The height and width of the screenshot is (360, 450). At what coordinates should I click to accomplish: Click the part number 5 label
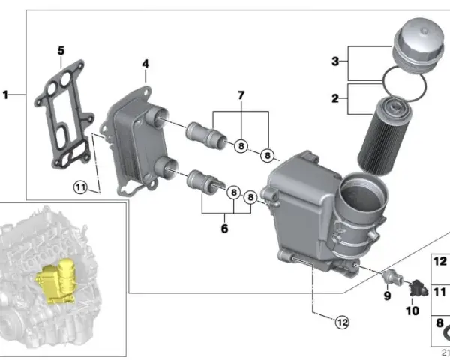click(61, 51)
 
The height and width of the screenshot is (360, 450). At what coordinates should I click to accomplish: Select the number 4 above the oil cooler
click(145, 64)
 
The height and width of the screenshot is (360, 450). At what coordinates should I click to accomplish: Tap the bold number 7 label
click(241, 95)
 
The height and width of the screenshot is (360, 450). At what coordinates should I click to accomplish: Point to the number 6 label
click(224, 229)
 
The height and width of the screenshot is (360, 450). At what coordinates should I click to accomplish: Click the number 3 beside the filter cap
click(335, 61)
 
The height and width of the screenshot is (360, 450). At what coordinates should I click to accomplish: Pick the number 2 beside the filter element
click(335, 98)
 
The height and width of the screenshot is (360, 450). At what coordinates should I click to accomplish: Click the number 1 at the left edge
click(5, 94)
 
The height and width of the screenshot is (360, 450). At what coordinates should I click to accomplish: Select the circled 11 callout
click(80, 187)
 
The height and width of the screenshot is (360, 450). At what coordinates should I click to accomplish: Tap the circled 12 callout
click(343, 322)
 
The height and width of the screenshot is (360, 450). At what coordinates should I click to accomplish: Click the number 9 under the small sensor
click(387, 295)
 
